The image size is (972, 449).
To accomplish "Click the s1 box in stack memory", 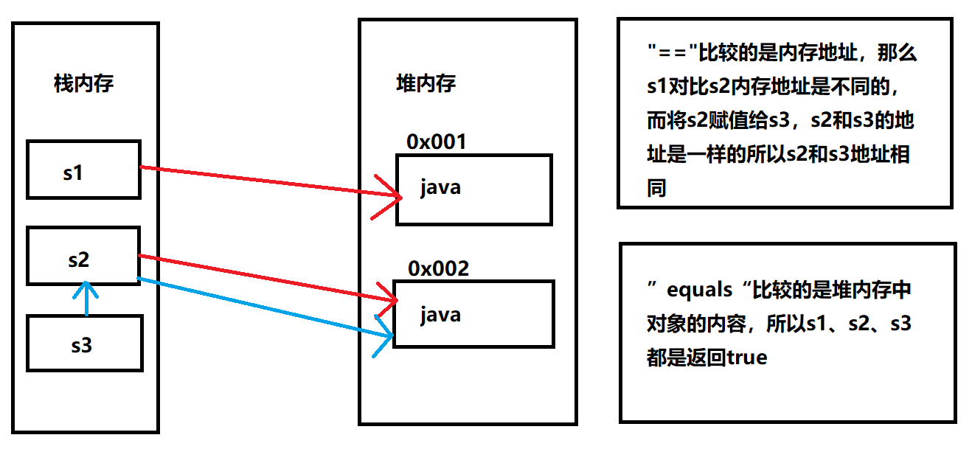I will coord(83,170).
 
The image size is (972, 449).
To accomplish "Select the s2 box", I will coord(83,256).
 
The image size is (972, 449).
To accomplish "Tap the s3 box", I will coord(84,343).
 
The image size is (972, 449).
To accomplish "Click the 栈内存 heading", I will coord(83,83).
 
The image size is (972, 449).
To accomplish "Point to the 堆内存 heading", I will coord(426,83).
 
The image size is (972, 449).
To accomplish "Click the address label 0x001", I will coord(437,142).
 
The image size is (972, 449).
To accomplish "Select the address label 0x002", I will coord(438,268).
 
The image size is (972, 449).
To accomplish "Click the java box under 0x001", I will coord(473,189).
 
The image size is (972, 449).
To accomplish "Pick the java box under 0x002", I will coord(473,314).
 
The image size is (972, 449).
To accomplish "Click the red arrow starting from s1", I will coord(265,181).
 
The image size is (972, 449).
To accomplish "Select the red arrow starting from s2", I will coord(265,278).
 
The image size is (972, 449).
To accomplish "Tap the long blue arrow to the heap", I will coord(265,307).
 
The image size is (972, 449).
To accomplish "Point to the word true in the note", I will coord(747,358).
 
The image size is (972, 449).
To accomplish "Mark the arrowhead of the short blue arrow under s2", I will coord(88,287).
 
